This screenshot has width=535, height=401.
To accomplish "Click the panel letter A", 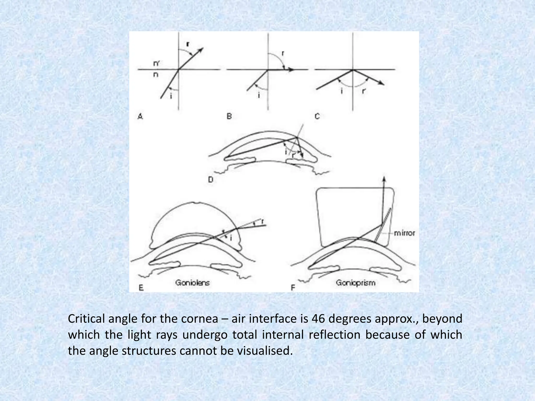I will tap(140, 116).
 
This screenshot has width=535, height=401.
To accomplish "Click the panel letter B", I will tap(229, 116).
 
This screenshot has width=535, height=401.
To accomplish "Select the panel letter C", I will tap(317, 116).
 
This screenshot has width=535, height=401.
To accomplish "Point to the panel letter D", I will tap(211, 180).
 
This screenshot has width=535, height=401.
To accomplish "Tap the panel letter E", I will tap(141, 288).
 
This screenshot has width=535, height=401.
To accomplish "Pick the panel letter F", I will tap(293, 288).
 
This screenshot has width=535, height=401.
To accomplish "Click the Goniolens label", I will tap(193, 283).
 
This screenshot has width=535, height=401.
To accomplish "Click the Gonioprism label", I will tap(356, 283).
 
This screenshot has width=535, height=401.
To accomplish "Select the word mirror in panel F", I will tap(404, 233).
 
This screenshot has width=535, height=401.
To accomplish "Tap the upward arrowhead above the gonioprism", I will tap(384, 179).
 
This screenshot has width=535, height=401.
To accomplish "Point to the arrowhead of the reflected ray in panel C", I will tap(382, 83).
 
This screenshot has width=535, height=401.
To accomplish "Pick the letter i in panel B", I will tap(259, 95).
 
